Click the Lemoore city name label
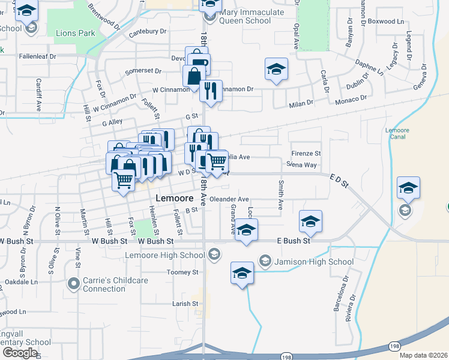coord(174,199)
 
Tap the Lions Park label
coord(75,32)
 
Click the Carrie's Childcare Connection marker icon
coord(74,282)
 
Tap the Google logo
coord(19,353)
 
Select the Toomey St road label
coord(182,272)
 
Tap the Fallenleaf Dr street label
coord(37,56)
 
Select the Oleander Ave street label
coord(229,199)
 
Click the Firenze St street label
coord(306,154)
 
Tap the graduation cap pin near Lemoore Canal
coord(408,188)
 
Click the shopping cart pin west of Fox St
coord(124,179)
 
